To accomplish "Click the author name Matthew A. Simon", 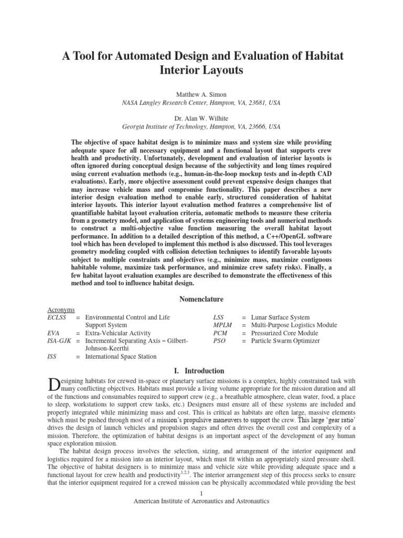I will tap(201, 92).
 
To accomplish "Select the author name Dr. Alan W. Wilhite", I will tap(201, 118).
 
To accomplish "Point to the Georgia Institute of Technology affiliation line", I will tap(201, 127).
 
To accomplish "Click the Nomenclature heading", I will tap(201, 299).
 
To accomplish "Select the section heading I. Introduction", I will tap(201, 370).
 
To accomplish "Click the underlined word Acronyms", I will tap(61, 310).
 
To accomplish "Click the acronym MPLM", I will tap(223, 326).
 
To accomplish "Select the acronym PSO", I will tap(220, 341).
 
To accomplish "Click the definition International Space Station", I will tap(121, 357).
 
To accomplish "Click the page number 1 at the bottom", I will tap(201, 493).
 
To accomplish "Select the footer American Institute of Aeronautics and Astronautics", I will tap(201, 501).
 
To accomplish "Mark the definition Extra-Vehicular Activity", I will tap(118, 333).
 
